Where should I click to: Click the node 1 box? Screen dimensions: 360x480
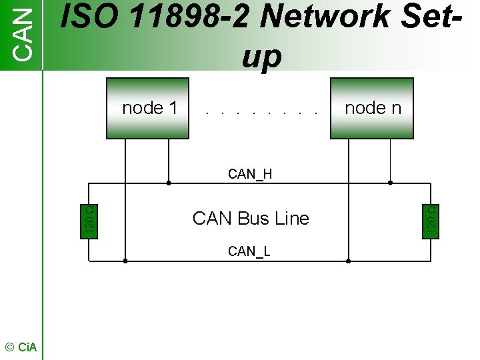coord(147,108)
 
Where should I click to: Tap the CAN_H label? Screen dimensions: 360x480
coord(250,175)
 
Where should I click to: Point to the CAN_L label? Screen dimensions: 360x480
coord(249,251)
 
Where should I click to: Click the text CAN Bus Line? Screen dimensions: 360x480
coord(251,218)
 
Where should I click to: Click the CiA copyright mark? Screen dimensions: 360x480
coord(21,347)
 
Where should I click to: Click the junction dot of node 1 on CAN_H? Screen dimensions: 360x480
coord(169,182)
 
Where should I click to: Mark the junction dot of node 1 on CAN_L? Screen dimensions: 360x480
coord(125,262)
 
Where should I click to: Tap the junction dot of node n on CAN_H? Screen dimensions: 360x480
coord(390,182)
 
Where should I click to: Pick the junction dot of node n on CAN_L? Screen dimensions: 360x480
coord(348,262)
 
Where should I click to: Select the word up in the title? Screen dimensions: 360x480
coord(261,57)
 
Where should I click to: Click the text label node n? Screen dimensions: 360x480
coord(373,108)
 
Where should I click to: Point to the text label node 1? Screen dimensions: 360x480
coord(150,108)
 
